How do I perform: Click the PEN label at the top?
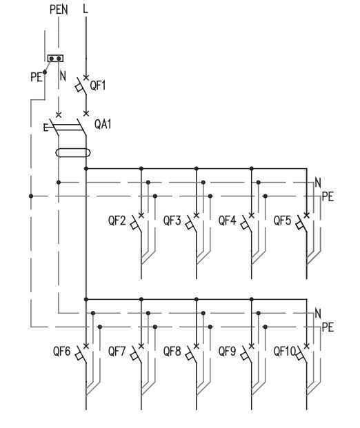tap(59, 10)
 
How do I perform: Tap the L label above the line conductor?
tap(86, 9)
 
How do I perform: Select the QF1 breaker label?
tap(97, 85)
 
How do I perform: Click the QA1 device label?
tap(103, 124)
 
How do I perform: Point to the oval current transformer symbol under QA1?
tap(72, 152)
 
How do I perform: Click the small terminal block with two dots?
tap(55, 59)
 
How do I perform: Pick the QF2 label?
tap(117, 221)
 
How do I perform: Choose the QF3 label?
tap(172, 221)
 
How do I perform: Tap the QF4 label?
tap(227, 221)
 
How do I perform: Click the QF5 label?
tap(283, 221)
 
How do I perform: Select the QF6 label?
tap(62, 351)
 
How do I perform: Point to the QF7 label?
tap(117, 351)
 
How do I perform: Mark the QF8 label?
tap(172, 351)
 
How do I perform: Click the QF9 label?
tap(227, 351)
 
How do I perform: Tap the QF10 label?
tap(285, 351)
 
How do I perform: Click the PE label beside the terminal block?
tap(37, 77)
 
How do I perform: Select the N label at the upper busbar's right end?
tap(318, 183)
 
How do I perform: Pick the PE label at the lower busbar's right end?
tap(328, 327)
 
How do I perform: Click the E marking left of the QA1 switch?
tap(46, 128)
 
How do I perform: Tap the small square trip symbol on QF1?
tap(79, 88)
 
